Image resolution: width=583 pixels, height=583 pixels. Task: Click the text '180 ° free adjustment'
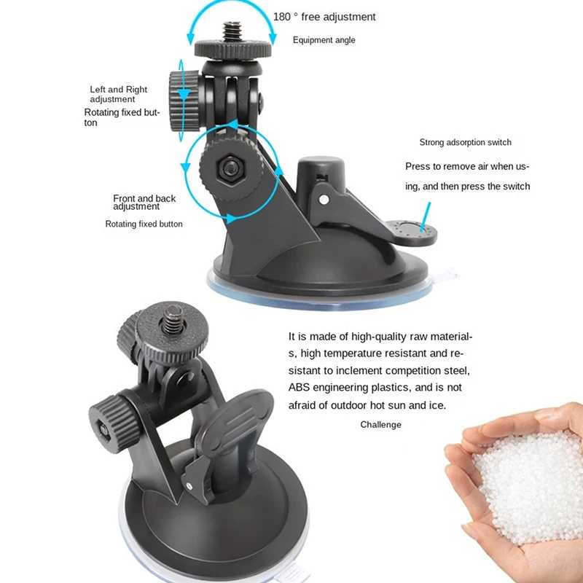pos(324,17)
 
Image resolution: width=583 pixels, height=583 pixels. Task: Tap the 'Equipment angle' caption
pos(324,40)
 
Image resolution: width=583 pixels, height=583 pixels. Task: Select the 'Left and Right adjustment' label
pos(118,94)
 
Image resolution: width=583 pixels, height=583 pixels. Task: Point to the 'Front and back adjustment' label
pos(144,202)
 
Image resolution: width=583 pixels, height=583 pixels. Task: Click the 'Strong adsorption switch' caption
pos(465,142)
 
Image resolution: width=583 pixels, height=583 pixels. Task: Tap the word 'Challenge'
pos(380,424)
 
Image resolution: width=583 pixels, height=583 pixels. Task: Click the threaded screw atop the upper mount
pos(232,31)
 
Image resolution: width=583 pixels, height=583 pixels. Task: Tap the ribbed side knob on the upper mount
pos(184,101)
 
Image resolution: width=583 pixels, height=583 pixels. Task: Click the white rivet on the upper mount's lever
pos(324,200)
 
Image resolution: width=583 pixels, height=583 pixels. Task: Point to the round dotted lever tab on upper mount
pos(410,232)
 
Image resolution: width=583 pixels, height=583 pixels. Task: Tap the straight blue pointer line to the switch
pos(426,216)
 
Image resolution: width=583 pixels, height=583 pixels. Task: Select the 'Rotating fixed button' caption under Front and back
pos(144,224)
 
